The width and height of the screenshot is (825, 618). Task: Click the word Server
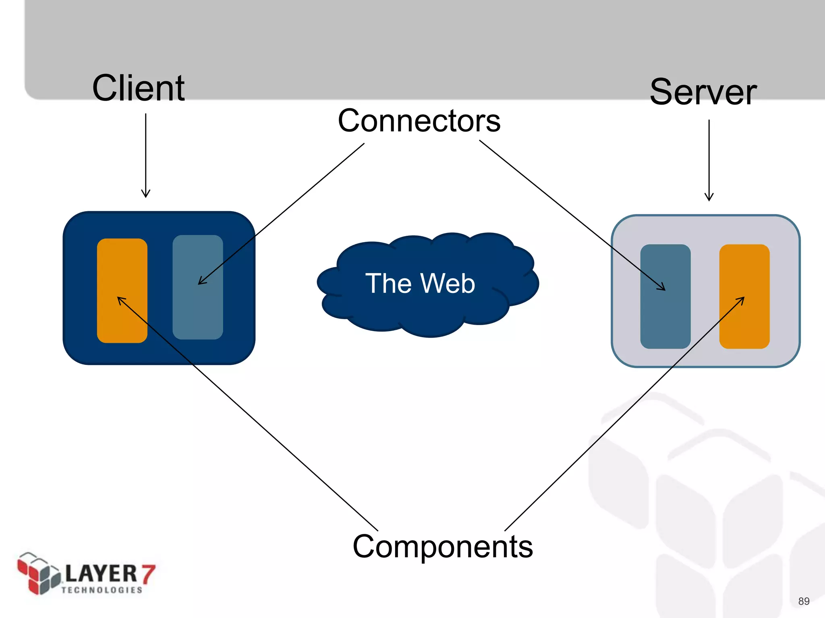(703, 93)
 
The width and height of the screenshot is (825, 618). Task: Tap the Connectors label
(419, 121)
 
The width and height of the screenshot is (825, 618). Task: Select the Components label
(443, 546)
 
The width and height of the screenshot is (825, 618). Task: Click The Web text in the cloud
(420, 283)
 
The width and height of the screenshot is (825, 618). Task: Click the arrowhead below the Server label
(709, 198)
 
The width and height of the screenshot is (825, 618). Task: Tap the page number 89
(804, 601)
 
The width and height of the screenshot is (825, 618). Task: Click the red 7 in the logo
(148, 573)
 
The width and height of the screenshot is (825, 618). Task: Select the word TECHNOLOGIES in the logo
(102, 590)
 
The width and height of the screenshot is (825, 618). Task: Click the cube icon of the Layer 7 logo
(39, 573)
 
